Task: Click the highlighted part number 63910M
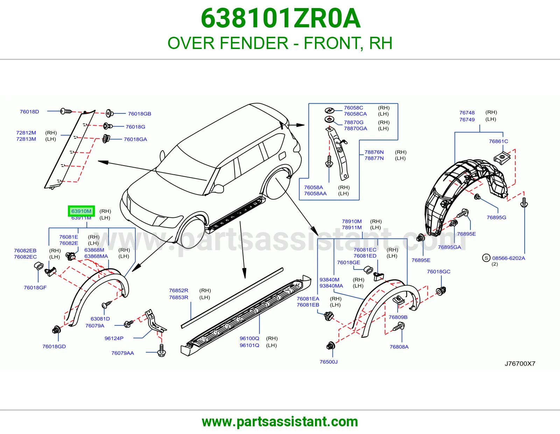click(81, 211)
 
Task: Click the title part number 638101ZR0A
click(280, 18)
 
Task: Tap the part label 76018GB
click(139, 114)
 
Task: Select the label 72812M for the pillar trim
click(26, 133)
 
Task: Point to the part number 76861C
click(498, 141)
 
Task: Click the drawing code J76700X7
click(520, 364)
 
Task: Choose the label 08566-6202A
click(509, 258)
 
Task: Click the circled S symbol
click(486, 258)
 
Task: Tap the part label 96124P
click(114, 338)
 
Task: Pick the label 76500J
click(329, 362)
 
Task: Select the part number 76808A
click(399, 347)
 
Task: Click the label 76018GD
click(54, 346)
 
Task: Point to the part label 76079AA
click(122, 353)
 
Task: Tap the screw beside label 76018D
click(66, 111)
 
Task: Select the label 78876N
click(374, 152)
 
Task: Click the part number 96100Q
click(250, 338)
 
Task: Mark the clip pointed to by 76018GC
click(441, 291)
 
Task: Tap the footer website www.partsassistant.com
click(280, 422)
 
